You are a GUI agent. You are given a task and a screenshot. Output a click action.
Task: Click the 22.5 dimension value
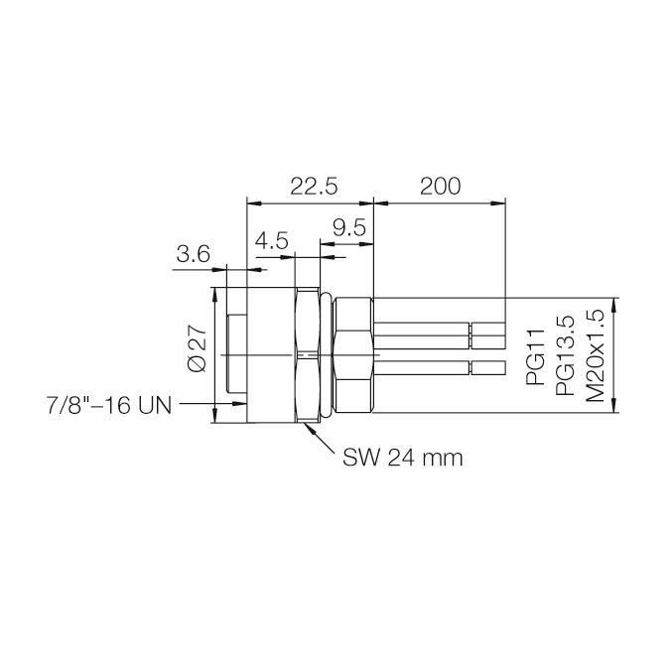coord(314,186)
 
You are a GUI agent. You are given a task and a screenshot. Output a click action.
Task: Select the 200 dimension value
coord(440,186)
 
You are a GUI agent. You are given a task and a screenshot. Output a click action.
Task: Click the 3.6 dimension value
coord(193,254)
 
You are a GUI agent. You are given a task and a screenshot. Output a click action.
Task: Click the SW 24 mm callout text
coord(403,459)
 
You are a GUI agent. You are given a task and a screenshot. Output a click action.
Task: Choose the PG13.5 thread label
coord(565,356)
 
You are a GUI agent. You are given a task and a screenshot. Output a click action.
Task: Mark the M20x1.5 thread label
coord(596,354)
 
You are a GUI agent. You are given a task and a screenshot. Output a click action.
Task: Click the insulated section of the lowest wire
coord(422,369)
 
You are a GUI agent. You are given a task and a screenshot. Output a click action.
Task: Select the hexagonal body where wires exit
coord(353,354)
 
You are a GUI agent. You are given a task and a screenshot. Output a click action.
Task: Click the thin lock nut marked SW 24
coord(309,354)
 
